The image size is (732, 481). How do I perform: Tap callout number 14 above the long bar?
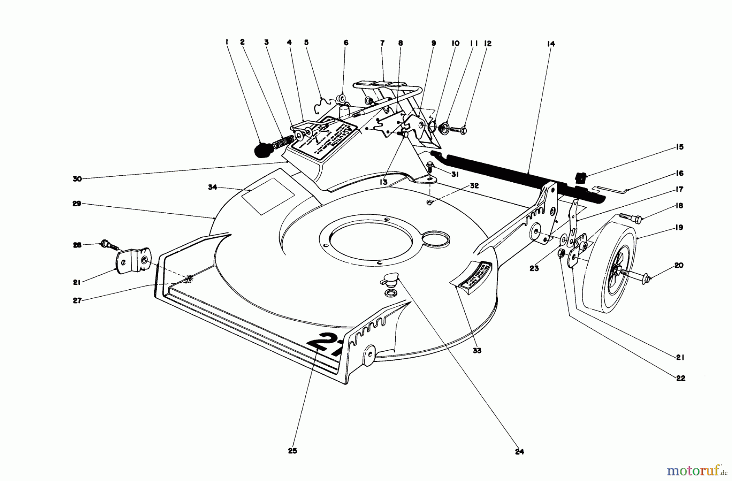point(551,44)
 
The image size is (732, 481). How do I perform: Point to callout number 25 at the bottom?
point(293,450)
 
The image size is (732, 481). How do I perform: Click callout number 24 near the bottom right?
point(519,451)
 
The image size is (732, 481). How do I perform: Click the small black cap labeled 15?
point(582,177)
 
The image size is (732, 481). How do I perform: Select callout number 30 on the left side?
point(77,179)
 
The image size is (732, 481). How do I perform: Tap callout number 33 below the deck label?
point(477,350)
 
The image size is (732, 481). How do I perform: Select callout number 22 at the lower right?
point(681,378)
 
